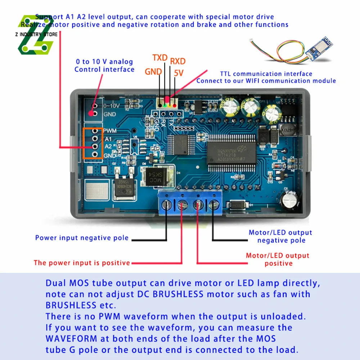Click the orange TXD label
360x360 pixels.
[160, 58]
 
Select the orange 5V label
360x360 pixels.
[179, 73]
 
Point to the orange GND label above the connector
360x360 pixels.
[153, 71]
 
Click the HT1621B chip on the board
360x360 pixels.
[231, 153]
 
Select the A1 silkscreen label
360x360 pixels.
[107, 139]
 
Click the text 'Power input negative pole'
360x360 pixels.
[82, 238]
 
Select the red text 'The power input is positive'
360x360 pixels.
[82, 263]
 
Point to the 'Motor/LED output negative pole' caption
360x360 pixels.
[280, 237]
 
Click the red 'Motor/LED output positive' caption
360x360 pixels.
[278, 260]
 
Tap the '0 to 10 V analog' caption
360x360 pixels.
[104, 62]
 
